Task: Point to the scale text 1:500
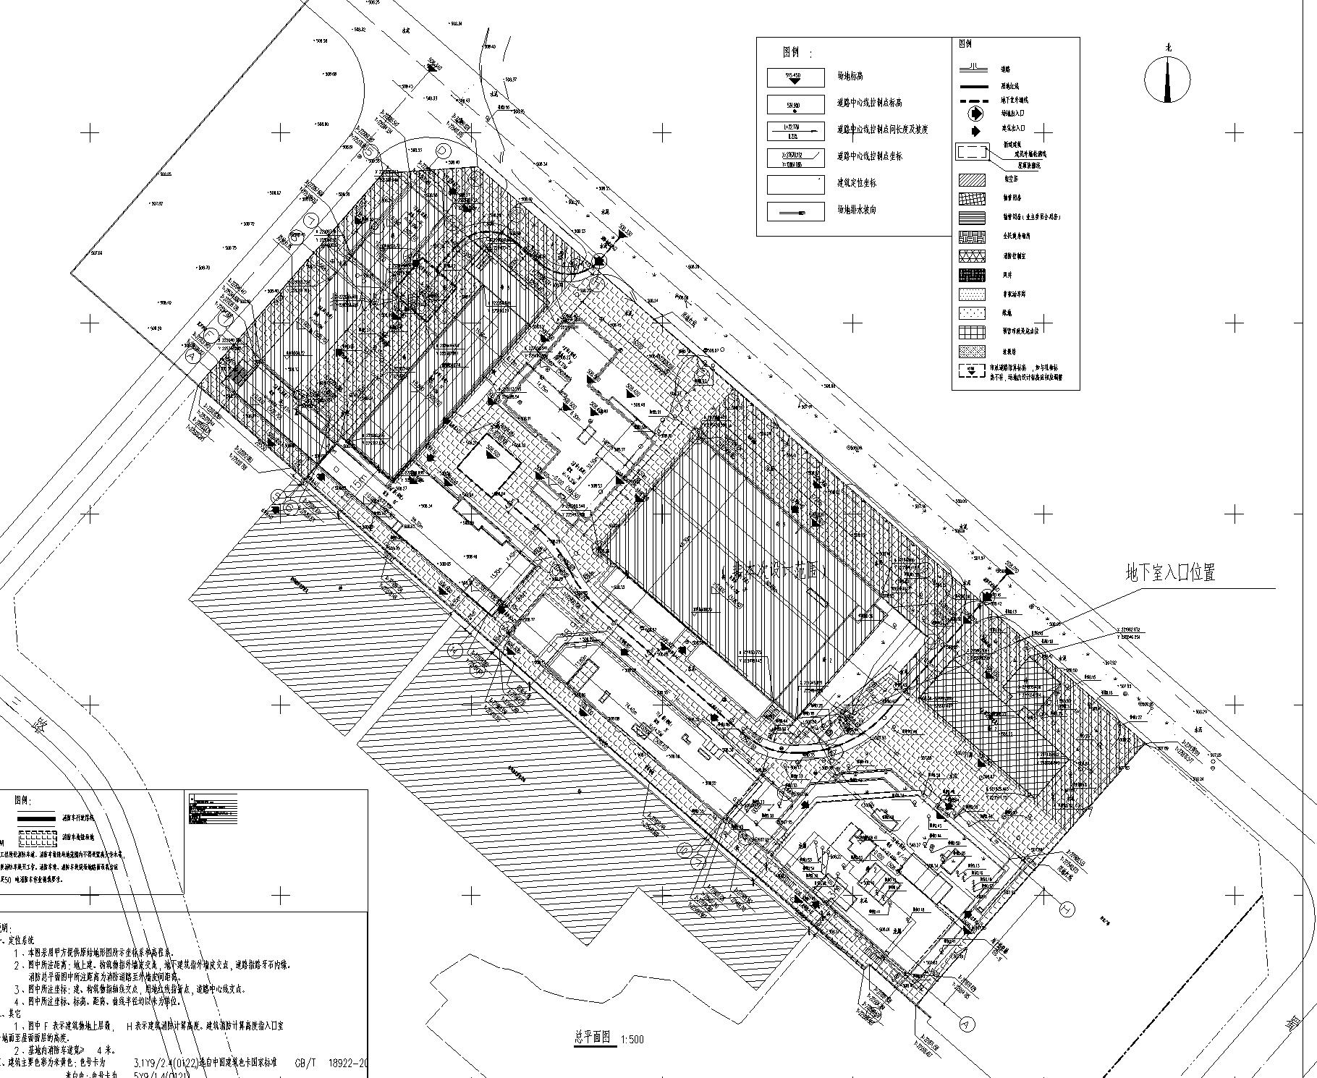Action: (631, 1040)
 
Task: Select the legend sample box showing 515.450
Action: (795, 77)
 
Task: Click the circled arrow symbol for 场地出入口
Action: (975, 114)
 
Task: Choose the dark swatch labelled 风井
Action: (973, 275)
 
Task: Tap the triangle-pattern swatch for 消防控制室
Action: (973, 256)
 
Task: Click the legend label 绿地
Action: (1007, 313)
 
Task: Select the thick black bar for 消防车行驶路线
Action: (36, 818)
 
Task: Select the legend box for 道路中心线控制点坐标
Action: (795, 156)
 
